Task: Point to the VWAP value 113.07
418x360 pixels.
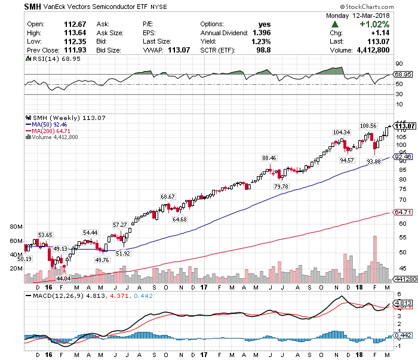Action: (x=179, y=50)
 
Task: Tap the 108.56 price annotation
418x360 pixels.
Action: (x=368, y=126)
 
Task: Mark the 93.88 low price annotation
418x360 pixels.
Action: (x=373, y=161)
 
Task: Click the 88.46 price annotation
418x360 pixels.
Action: (x=269, y=158)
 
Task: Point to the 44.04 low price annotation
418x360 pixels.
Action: (x=63, y=278)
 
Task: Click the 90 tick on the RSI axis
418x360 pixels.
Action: (x=398, y=64)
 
